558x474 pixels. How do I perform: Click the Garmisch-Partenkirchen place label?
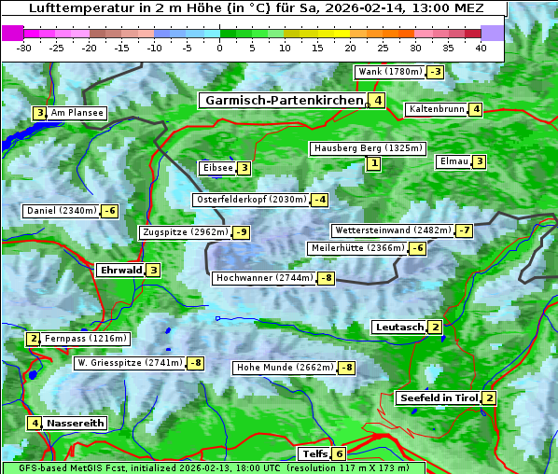[x=283, y=101]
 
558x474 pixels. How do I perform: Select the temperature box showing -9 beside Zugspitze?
[x=242, y=232]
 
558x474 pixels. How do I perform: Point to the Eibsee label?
[x=216, y=168]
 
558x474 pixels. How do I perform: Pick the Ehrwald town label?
[x=120, y=271]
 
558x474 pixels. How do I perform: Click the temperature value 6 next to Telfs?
[x=339, y=454]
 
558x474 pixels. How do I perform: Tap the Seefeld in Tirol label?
[x=438, y=398]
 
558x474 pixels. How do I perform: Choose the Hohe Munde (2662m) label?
[x=285, y=368]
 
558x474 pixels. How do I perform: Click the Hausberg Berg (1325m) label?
[x=368, y=148]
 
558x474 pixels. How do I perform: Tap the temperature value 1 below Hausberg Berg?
[x=373, y=164]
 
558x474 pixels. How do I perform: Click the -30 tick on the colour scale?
[x=24, y=48]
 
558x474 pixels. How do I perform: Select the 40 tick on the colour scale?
[x=481, y=48]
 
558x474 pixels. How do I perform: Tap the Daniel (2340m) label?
[x=61, y=211]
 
